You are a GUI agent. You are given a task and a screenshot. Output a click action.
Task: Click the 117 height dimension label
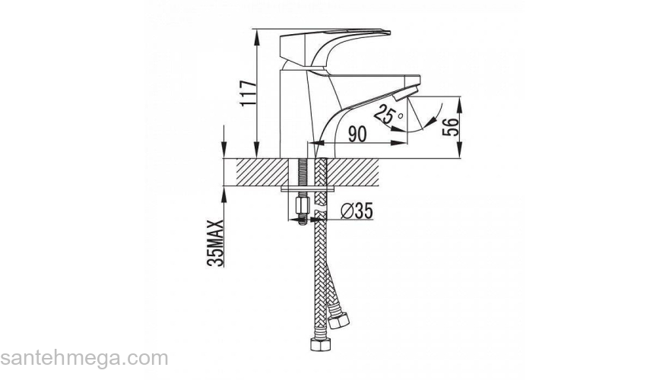248,93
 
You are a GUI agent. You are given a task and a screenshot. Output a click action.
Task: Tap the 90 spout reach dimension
357,134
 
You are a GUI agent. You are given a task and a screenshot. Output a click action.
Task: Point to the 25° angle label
388,116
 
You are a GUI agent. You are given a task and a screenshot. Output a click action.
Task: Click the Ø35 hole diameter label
357,211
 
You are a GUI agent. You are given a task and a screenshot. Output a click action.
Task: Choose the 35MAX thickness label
215,243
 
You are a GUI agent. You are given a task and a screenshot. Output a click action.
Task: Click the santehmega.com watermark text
84,359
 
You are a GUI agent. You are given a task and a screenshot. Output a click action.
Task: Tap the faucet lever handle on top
335,48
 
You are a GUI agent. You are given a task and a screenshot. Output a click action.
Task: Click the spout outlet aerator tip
405,93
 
